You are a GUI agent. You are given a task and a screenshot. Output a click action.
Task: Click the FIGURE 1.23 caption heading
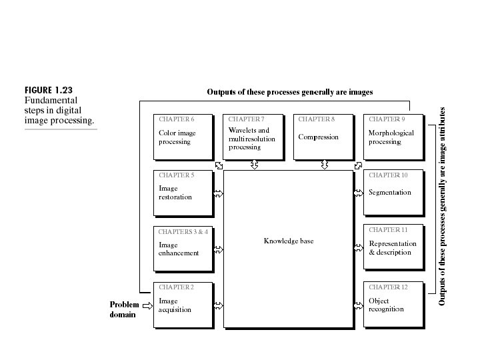click(x=48, y=91)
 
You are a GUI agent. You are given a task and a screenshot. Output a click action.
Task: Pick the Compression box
click(x=324, y=136)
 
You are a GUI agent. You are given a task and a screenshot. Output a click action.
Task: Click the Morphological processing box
click(x=393, y=136)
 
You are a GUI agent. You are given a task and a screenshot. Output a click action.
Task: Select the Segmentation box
click(x=393, y=193)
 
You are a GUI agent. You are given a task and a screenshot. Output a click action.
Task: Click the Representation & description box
click(x=393, y=247)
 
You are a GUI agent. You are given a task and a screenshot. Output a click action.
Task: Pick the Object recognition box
click(x=393, y=305)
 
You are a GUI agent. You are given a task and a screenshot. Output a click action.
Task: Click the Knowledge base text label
click(x=288, y=241)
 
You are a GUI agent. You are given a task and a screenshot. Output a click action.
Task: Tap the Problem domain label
click(x=124, y=309)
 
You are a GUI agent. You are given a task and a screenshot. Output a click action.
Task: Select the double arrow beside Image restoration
click(x=218, y=194)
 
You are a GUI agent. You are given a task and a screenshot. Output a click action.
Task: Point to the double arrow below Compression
click(x=324, y=165)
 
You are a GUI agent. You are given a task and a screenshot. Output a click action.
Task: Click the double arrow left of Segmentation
click(x=358, y=193)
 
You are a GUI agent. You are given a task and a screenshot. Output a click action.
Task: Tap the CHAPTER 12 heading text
click(x=387, y=287)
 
